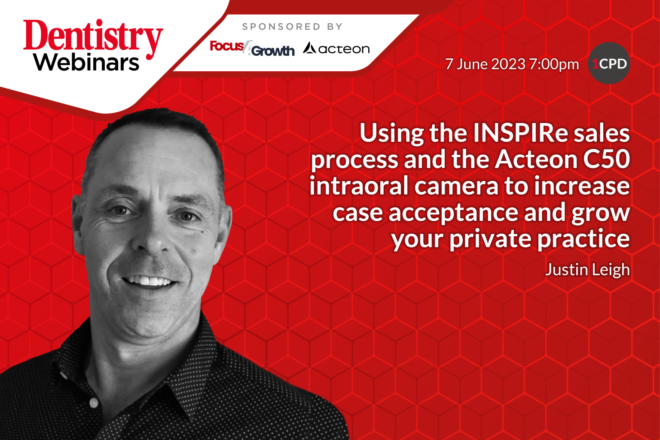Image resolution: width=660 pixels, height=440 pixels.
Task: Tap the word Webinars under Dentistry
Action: (x=86, y=63)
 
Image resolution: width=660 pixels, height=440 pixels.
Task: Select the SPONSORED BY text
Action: (x=292, y=27)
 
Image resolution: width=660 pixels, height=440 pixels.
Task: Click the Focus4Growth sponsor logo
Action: (x=252, y=48)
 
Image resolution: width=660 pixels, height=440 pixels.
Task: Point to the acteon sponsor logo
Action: (x=336, y=49)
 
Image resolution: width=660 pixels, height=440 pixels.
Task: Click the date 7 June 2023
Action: (x=485, y=64)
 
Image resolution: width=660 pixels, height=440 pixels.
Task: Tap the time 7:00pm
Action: (x=554, y=64)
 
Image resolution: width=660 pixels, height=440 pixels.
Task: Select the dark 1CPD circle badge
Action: (x=609, y=64)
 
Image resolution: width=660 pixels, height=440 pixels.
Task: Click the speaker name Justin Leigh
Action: (x=587, y=269)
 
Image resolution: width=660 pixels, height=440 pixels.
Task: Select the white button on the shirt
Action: (x=94, y=403)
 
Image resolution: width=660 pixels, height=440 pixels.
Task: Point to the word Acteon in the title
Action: (x=536, y=159)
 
